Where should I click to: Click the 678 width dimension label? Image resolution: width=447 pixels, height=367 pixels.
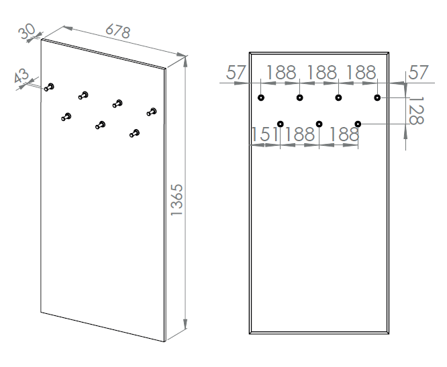pyautogui.click(x=117, y=31)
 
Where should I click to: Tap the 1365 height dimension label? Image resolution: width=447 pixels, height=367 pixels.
pyautogui.click(x=177, y=200)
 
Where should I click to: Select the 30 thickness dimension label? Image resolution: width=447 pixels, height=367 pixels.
pyautogui.click(x=28, y=31)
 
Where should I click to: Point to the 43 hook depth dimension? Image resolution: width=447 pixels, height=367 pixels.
pyautogui.click(x=21, y=75)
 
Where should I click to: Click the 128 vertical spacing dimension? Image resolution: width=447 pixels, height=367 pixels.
pyautogui.click(x=416, y=111)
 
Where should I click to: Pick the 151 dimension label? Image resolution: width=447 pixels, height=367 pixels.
pyautogui.click(x=264, y=134)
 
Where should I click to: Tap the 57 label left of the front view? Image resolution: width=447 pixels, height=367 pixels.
pyautogui.click(x=236, y=73)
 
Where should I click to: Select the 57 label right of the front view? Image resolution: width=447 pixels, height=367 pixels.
pyautogui.click(x=418, y=73)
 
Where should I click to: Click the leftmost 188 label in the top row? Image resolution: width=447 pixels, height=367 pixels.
pyautogui.click(x=281, y=73)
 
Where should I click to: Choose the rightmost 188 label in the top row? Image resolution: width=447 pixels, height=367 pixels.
pyautogui.click(x=361, y=73)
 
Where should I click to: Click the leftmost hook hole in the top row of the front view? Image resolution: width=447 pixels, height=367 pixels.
pyautogui.click(x=261, y=97)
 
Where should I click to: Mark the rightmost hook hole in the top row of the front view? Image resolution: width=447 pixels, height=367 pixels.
pyautogui.click(x=377, y=97)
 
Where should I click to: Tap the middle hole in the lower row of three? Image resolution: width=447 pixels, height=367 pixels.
pyautogui.click(x=319, y=124)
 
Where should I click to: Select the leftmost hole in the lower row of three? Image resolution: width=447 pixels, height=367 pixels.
pyautogui.click(x=281, y=124)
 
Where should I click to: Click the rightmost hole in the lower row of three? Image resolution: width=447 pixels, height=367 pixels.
pyautogui.click(x=358, y=124)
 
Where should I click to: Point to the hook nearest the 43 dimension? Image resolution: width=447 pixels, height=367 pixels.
pyautogui.click(x=49, y=87)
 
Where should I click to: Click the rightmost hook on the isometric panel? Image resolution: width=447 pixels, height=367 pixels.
pyautogui.click(x=152, y=112)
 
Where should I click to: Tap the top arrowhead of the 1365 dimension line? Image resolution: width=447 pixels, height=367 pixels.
pyautogui.click(x=186, y=61)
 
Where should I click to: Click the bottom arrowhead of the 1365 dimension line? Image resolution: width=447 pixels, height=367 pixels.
pyautogui.click(x=185, y=324)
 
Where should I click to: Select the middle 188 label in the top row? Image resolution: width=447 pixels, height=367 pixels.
pyautogui.click(x=321, y=73)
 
